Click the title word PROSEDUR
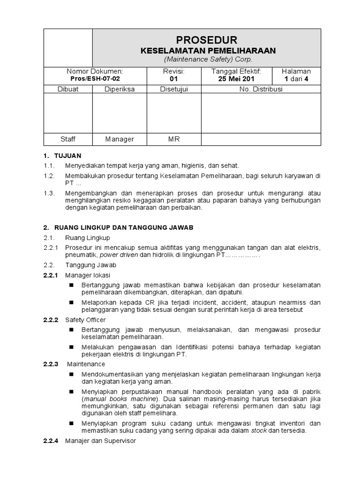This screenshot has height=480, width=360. coord(207,40)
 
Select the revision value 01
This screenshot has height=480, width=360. coord(174,79)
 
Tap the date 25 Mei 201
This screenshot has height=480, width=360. coord(236,79)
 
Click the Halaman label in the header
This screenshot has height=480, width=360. coord(296,71)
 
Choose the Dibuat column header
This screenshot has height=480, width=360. coord(68,89)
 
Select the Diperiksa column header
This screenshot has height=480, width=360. coord(120,89)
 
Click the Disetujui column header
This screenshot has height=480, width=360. coord(174,89)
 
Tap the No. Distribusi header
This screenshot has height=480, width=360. coord(261,89)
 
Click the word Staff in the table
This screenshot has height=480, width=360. coord(68,139)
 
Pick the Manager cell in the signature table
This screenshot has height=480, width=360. coord(120,139)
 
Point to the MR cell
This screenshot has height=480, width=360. coord(174,139)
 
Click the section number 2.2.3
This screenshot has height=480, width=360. coord(50,364)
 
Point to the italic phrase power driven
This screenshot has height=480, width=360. coord(121,255)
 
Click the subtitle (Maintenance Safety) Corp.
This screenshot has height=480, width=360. coord(208,60)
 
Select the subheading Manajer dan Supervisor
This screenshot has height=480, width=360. coord(100,441)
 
